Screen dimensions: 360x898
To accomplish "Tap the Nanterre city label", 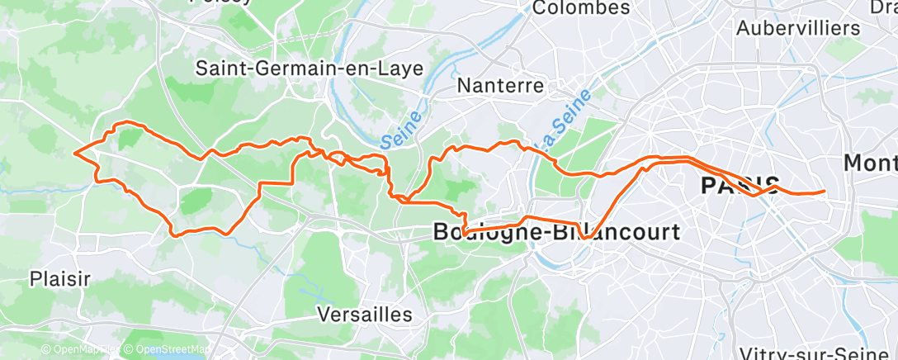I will (501, 85).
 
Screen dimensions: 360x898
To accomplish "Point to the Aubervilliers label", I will (797, 27).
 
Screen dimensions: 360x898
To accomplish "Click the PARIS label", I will (740, 185).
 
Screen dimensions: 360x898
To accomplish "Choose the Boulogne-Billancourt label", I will (557, 232).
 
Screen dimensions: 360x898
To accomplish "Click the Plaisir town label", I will (59, 278).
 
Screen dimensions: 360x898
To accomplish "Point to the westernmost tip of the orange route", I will (75, 152).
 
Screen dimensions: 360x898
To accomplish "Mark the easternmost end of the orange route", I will (825, 192).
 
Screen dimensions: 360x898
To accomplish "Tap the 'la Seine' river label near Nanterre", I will (560, 120).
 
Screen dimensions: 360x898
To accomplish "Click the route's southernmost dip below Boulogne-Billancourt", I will (584, 237).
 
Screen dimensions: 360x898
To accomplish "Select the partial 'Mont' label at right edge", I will (872, 163).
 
